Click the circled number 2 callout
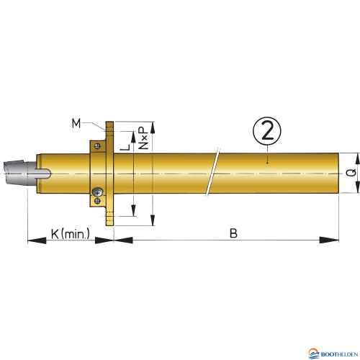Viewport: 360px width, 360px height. pos(267,131)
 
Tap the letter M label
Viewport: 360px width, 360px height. pos(76,124)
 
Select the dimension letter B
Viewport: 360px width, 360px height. pos(233,233)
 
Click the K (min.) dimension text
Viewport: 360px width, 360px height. pos(70,233)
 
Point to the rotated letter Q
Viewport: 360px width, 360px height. pos(351,173)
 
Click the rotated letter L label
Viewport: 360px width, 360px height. pos(125,147)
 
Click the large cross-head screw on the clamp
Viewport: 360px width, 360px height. pos(97,192)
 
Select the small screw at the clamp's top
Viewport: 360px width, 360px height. pos(97,146)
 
